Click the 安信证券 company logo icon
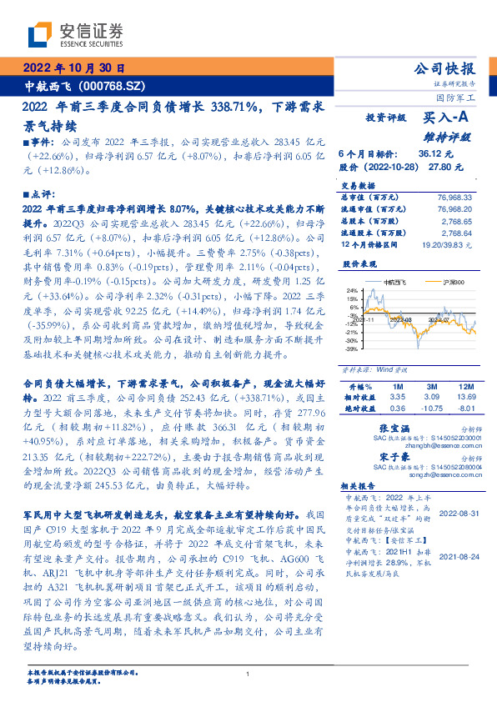[x=40, y=35]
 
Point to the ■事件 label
[x=43, y=144]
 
